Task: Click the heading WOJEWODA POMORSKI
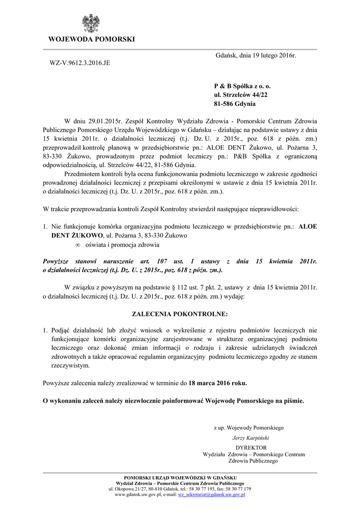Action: point(91,39)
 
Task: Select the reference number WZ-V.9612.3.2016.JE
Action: point(79,64)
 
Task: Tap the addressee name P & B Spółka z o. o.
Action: point(242,85)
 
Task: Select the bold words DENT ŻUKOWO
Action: point(75,235)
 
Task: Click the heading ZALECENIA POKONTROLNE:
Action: point(180,315)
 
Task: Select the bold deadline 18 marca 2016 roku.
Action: point(218,383)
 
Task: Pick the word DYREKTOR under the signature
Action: point(252,447)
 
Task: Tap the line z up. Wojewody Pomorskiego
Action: point(248,427)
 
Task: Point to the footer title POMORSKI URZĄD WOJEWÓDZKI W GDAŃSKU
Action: point(180,477)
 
